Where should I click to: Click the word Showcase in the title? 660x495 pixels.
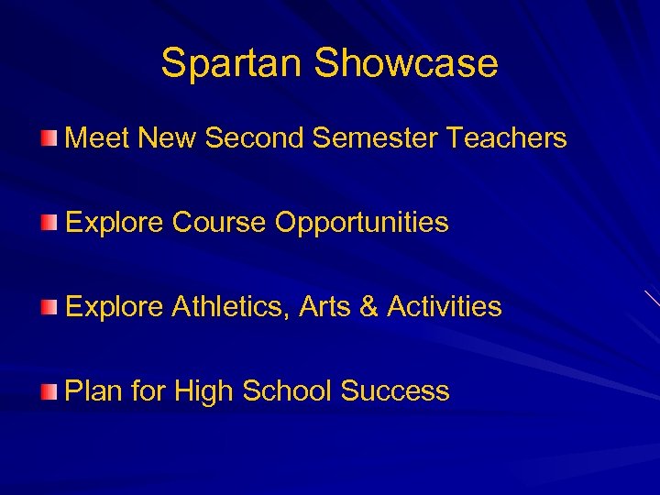[406, 63]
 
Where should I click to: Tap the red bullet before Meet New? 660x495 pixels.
[48, 138]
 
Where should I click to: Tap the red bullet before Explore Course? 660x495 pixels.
[48, 223]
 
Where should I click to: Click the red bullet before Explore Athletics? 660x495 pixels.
[48, 307]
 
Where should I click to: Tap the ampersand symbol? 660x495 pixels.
[369, 307]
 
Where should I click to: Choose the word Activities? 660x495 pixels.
[445, 307]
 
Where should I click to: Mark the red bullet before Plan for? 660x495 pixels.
[48, 391]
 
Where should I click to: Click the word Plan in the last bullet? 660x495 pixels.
[94, 391]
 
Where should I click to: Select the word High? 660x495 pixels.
[203, 392]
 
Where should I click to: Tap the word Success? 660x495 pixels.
[395, 391]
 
